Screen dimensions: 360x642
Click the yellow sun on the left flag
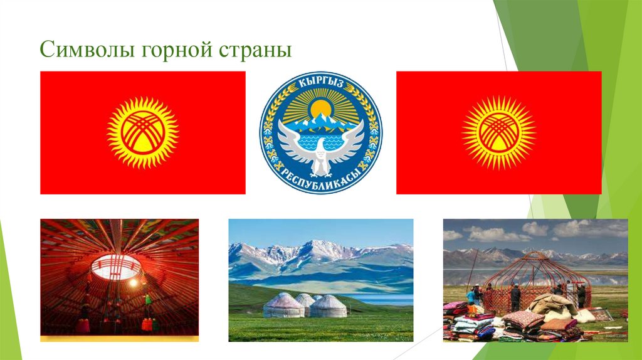coord(142,132)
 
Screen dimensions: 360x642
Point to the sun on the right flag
coord(498,132)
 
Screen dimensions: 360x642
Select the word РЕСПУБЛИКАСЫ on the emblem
coord(321,179)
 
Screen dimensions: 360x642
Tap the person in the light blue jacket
coord(470,295)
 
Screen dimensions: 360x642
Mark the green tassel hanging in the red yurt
coord(149,300)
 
